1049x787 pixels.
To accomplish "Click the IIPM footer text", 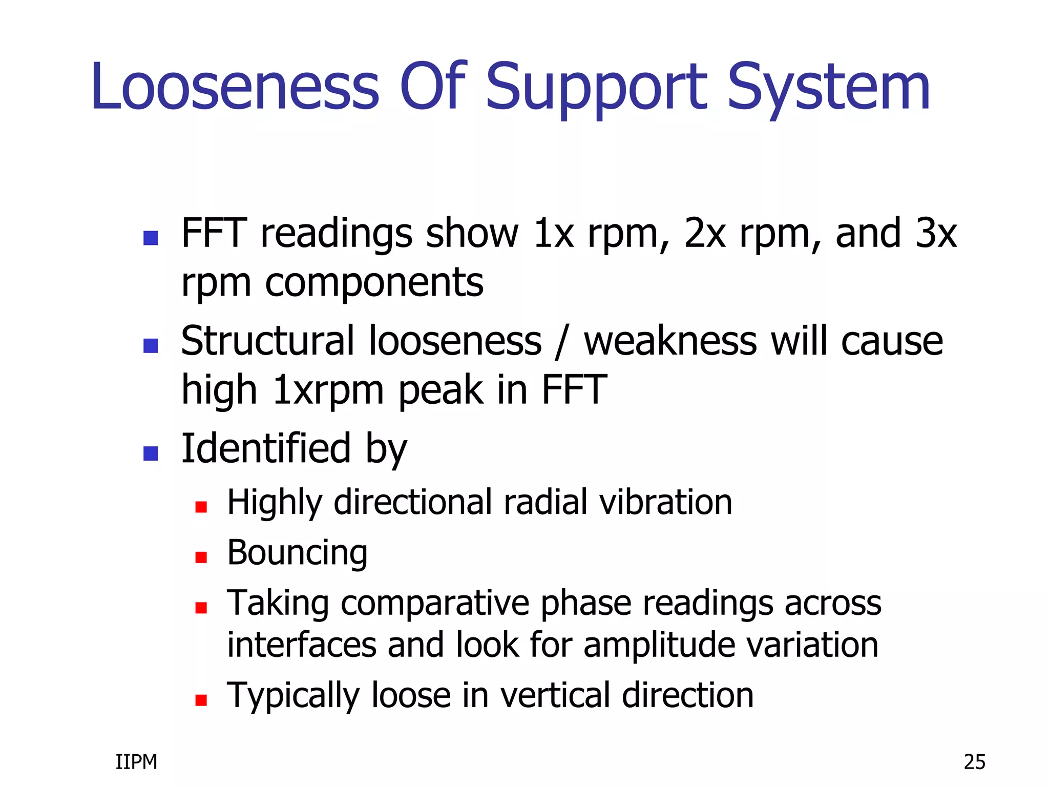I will [136, 762].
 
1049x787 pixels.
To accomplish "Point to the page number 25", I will [974, 762].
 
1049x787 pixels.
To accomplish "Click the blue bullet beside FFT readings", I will [151, 238].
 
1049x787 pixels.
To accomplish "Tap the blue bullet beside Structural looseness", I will [151, 346].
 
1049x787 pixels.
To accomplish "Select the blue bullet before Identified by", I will [151, 453].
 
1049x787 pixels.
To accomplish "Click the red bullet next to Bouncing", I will [201, 557].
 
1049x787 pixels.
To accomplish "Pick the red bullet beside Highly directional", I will [201, 507].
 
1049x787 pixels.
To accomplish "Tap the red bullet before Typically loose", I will [201, 700].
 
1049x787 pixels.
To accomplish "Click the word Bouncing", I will [297, 553].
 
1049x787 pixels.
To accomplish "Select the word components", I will [374, 283].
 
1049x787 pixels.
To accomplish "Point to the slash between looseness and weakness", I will [562, 342].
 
